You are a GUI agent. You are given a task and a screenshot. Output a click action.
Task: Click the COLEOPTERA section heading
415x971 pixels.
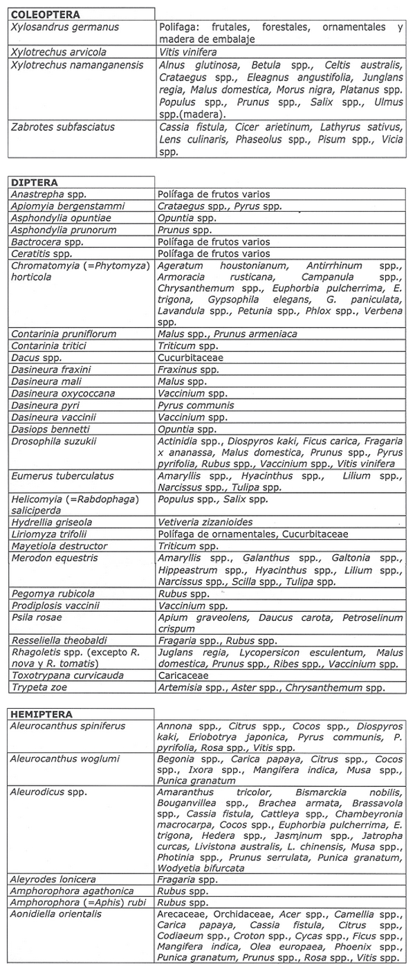tap(46, 14)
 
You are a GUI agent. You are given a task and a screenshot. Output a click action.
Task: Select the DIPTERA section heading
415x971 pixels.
tap(34, 183)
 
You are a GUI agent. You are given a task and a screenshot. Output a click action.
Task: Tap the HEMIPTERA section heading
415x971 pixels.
tap(41, 714)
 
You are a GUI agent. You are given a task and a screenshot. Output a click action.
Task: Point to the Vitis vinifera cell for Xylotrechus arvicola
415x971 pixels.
tap(187, 52)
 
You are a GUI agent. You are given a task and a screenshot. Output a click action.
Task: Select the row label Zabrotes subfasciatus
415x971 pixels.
tap(62, 127)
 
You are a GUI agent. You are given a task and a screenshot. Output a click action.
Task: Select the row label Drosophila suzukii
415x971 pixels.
tap(53, 441)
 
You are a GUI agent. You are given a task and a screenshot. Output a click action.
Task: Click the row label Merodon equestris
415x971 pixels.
tap(54, 558)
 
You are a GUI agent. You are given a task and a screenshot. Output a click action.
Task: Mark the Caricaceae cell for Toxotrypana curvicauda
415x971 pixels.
tap(181, 676)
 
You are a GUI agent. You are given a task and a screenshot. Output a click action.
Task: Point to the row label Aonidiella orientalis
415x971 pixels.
tap(56, 914)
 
